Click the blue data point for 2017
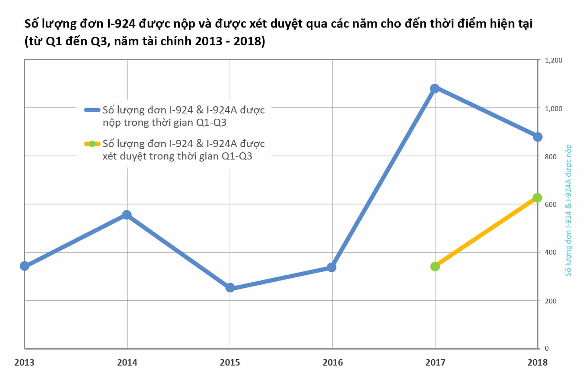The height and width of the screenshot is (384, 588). click(435, 89)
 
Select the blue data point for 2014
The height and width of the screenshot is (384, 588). click(127, 215)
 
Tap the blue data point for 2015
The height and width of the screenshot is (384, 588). click(230, 288)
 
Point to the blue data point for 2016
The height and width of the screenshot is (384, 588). click(332, 267)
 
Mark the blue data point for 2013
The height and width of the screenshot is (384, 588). click(24, 266)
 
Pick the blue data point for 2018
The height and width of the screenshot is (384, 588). click(537, 137)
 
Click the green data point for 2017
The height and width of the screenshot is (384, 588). click(435, 267)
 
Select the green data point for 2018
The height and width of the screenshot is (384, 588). click(537, 198)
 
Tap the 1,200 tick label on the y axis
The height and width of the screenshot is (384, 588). click(554, 60)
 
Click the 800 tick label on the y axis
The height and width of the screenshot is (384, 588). click(551, 157)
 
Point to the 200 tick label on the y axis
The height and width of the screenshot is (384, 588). click(551, 301)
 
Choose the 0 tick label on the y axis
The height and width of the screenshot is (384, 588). click(547, 349)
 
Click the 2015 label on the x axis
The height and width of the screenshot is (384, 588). click(230, 363)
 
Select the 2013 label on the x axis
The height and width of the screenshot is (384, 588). click(24, 363)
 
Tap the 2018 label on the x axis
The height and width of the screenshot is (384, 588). click(537, 363)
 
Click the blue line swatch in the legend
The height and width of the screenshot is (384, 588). click(92, 110)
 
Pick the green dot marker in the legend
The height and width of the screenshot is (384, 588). click(92, 143)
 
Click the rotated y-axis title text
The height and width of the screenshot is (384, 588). click(568, 210)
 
